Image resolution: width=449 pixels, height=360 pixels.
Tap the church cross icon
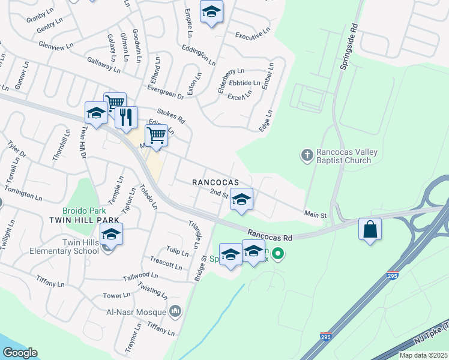point(307,155)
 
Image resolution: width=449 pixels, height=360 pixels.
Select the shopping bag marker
point(370,230)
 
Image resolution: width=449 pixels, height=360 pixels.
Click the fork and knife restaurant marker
point(126,118)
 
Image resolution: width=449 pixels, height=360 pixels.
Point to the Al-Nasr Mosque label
point(140,313)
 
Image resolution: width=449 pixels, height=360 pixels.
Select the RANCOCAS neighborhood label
point(215,182)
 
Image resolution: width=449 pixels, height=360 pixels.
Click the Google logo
point(20,353)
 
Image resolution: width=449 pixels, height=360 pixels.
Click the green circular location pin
point(277,254)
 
